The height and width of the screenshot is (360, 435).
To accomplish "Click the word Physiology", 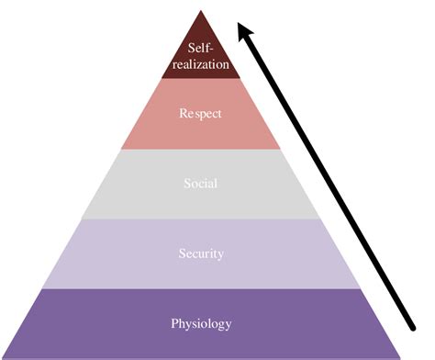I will pos(201,323).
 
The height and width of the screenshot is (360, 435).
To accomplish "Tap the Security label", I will pos(201,253).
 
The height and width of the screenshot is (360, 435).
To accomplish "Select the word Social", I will pos(200,184).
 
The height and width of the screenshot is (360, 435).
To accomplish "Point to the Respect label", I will pos(201,115).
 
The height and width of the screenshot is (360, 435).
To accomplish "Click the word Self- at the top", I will pos(201,48).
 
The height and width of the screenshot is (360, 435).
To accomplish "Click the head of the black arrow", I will pos(242,29).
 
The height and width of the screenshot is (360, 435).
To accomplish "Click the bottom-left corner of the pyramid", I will pos(3,356).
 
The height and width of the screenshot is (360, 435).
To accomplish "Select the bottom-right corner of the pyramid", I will pos(399,356).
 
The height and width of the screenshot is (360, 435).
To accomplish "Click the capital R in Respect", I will pos(182,115).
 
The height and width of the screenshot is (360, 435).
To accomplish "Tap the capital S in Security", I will pos(181,253).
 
